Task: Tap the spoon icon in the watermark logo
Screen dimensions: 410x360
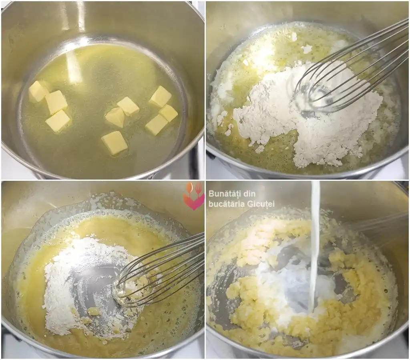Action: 190,188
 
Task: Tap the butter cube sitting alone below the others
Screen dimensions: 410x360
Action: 115,142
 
